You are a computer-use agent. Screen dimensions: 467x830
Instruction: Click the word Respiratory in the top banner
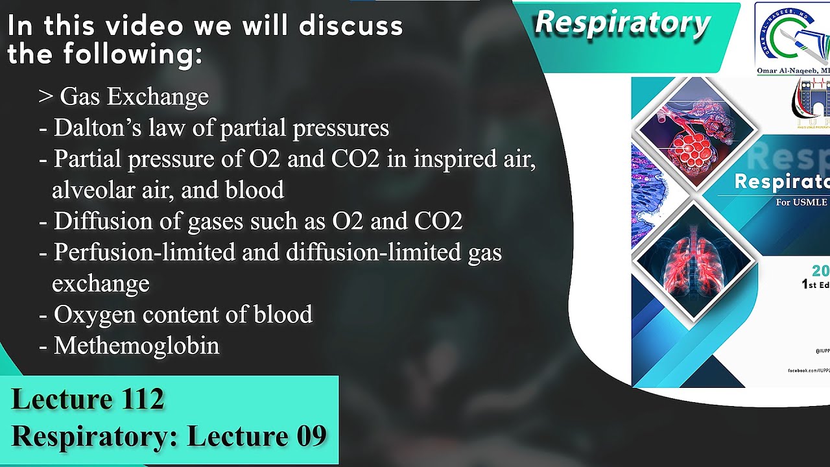pyautogui.click(x=622, y=23)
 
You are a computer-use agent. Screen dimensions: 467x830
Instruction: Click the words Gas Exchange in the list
pyautogui.click(x=134, y=97)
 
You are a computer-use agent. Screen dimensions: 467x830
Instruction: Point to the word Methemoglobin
pyautogui.click(x=136, y=346)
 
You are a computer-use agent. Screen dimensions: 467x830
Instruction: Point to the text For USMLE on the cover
pyautogui.click(x=801, y=202)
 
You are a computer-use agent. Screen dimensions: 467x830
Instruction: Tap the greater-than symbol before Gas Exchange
pyautogui.click(x=45, y=97)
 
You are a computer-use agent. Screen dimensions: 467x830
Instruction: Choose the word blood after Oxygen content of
pyautogui.click(x=282, y=315)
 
